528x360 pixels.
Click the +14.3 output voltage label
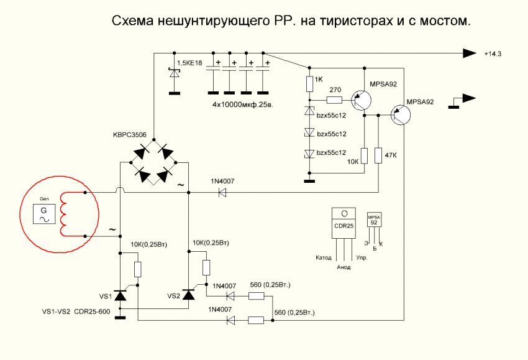click(x=492, y=55)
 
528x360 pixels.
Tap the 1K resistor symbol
click(x=309, y=83)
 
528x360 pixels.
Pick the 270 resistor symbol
click(x=335, y=99)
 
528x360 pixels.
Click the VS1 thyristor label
click(x=105, y=295)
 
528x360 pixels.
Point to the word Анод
click(x=344, y=267)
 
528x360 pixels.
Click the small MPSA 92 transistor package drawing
click(x=375, y=222)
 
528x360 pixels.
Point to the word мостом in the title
click(x=446, y=21)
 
